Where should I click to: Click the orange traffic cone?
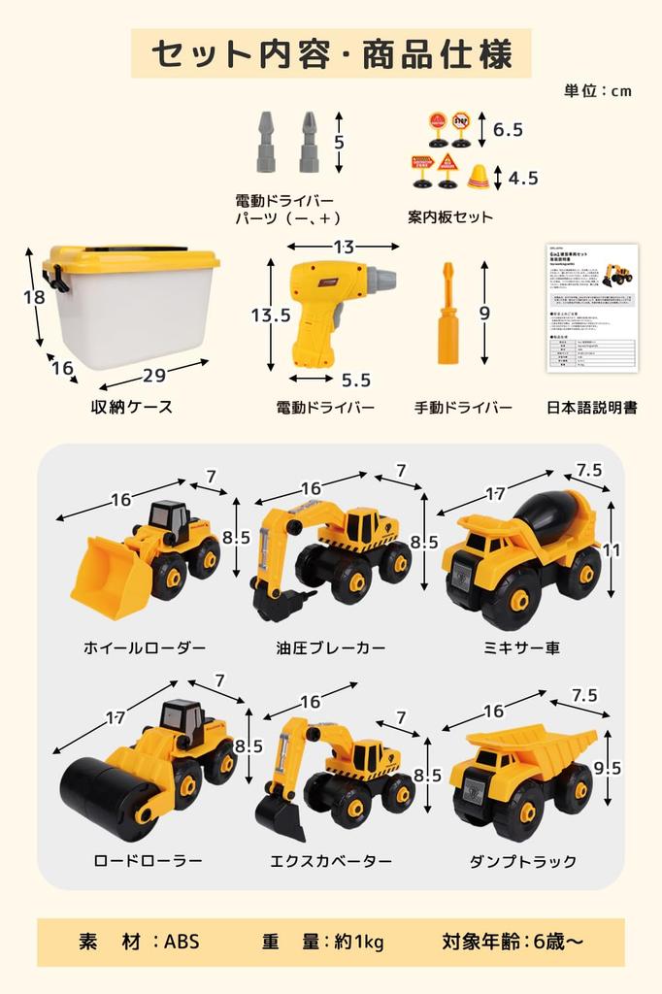(478, 177)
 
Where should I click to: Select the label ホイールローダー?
(145, 647)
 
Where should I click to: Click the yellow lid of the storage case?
(131, 258)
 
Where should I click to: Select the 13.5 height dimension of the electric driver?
(271, 315)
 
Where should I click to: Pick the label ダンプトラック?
(522, 861)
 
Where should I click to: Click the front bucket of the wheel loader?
(110, 580)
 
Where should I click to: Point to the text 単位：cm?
(598, 90)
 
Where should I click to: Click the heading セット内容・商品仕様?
(332, 53)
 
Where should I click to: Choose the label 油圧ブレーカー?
(331, 647)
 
